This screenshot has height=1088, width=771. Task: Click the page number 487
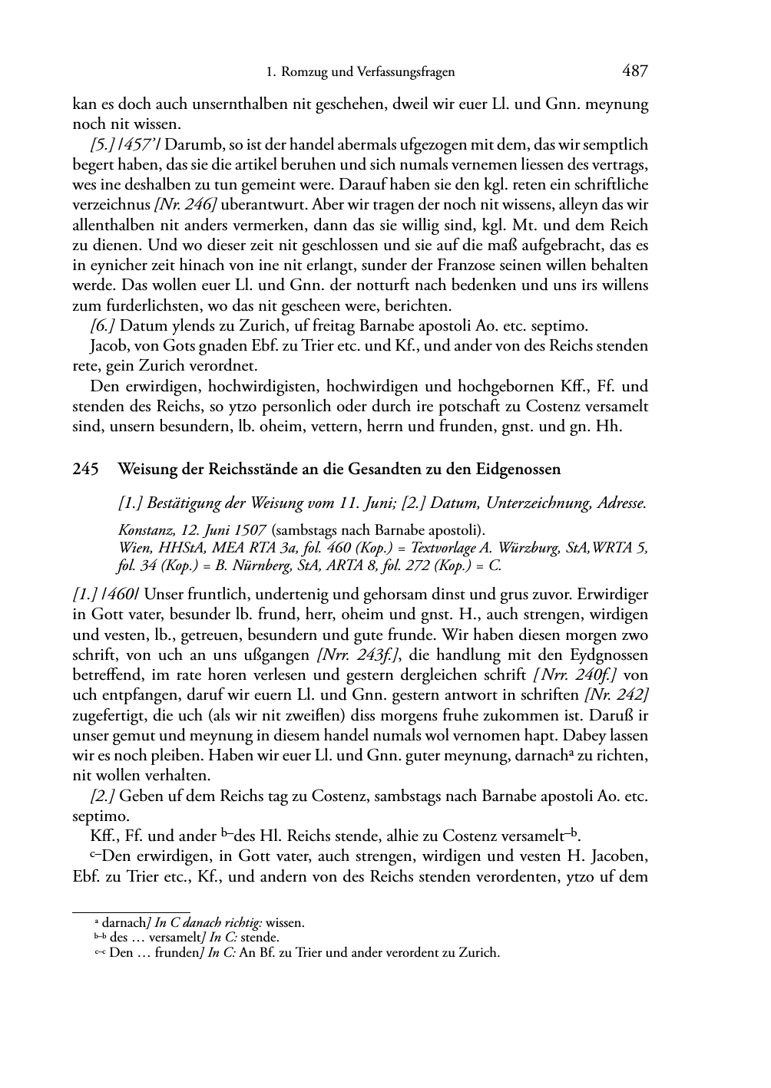pos(635,71)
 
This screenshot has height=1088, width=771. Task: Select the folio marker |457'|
pos(141,145)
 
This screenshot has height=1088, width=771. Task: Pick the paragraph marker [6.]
pos(103,325)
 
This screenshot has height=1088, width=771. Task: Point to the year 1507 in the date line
pos(250,530)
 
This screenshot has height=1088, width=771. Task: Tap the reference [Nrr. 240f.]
pos(577,675)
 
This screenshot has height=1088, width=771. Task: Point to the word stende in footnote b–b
pos(260,938)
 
